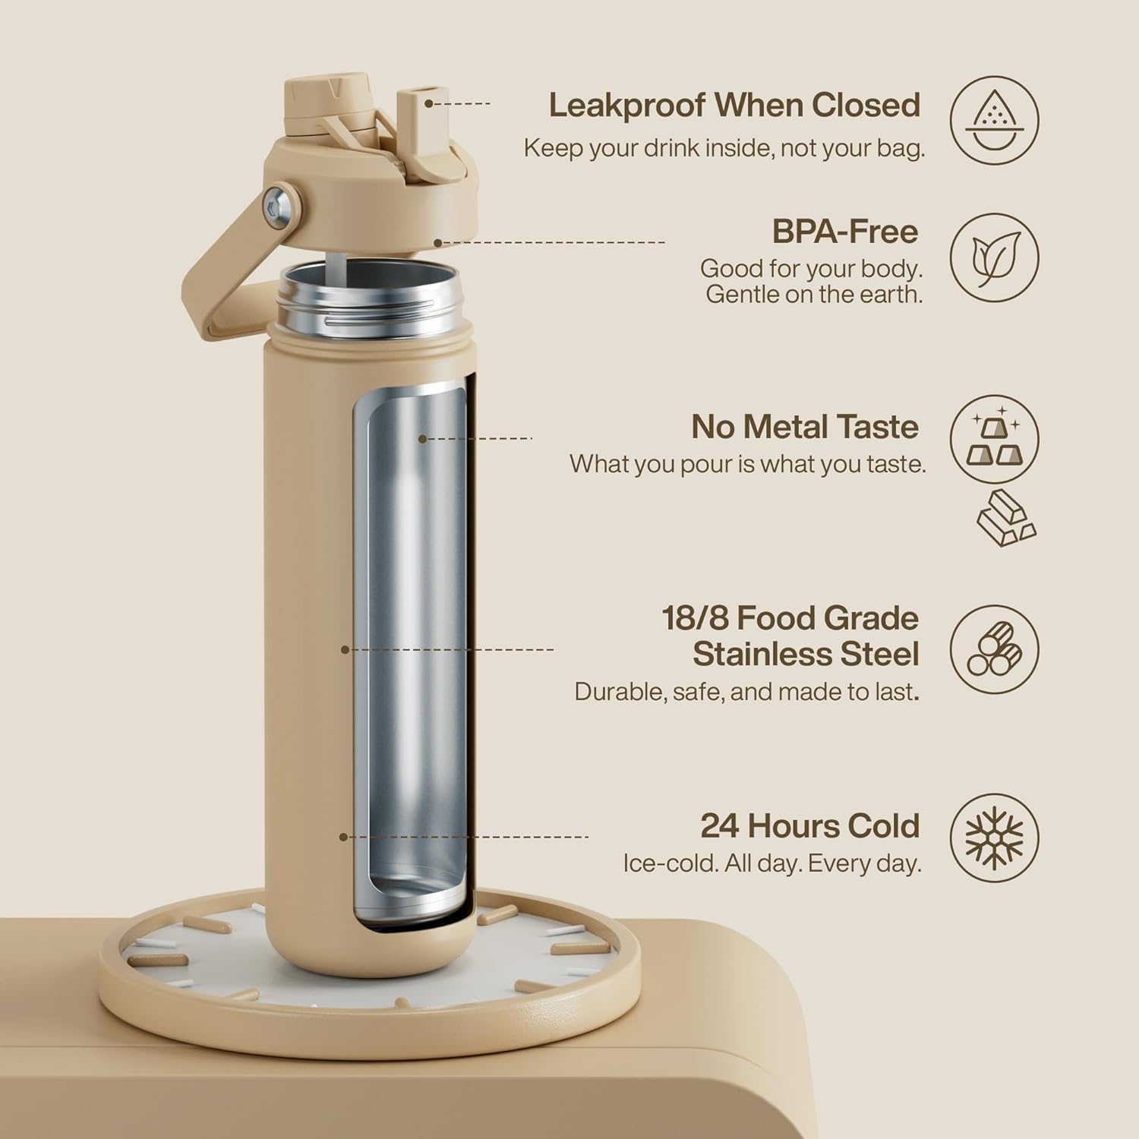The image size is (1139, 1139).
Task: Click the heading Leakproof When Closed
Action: tap(734, 106)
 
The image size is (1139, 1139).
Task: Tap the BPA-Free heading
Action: tap(845, 232)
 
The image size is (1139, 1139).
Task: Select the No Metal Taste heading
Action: tap(805, 427)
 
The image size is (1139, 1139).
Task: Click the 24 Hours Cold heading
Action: tap(810, 825)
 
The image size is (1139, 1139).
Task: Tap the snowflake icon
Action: tap(994, 838)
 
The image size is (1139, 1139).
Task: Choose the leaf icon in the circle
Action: tap(995, 257)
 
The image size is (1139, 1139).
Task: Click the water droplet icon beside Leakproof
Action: tap(994, 121)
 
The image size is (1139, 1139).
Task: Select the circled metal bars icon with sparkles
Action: tap(994, 439)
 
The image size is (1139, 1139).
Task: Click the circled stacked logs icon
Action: tap(995, 649)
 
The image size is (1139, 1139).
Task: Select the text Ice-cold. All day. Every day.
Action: tap(772, 863)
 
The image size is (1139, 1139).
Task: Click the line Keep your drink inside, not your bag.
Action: tap(724, 148)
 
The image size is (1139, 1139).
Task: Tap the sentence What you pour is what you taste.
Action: tap(748, 464)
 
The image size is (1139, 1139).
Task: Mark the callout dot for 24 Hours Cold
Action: tap(343, 837)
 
